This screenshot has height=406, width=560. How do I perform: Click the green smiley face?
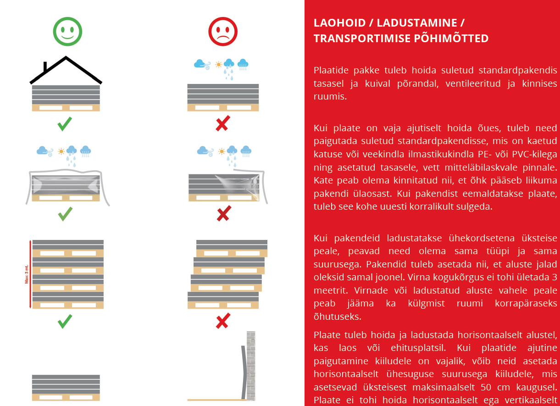[x=67, y=32]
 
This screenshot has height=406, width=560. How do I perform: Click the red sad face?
[x=222, y=32]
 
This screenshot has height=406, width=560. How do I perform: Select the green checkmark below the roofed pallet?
[x=65, y=123]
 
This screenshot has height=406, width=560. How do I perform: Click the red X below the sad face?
[x=222, y=123]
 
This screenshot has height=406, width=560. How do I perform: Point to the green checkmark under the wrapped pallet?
[x=65, y=214]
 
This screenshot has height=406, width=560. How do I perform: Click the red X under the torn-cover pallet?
[x=223, y=214]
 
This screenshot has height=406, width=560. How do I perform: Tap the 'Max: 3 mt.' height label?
[x=27, y=274]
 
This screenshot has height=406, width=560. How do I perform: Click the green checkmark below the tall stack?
[x=65, y=321]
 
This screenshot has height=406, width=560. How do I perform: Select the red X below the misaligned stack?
[x=222, y=321]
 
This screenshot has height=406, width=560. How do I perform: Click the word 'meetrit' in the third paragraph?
[x=328, y=290]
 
